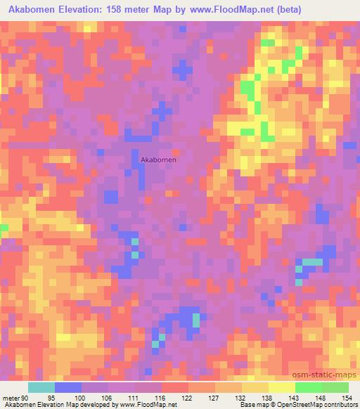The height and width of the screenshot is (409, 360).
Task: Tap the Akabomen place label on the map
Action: pyautogui.click(x=158, y=160)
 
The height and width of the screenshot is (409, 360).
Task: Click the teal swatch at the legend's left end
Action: pyautogui.click(x=41, y=387)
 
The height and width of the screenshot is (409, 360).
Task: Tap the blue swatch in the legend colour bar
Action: pyautogui.click(x=68, y=387)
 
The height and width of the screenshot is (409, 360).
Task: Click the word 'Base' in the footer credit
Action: pyautogui.click(x=247, y=405)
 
